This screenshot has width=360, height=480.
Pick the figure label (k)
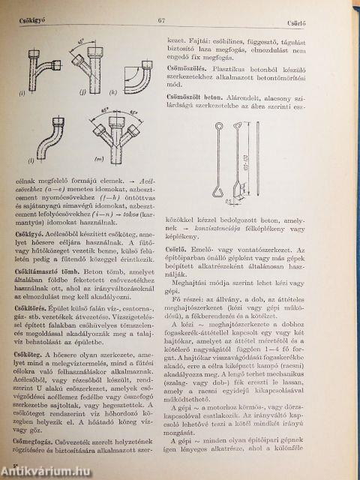[133, 95]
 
